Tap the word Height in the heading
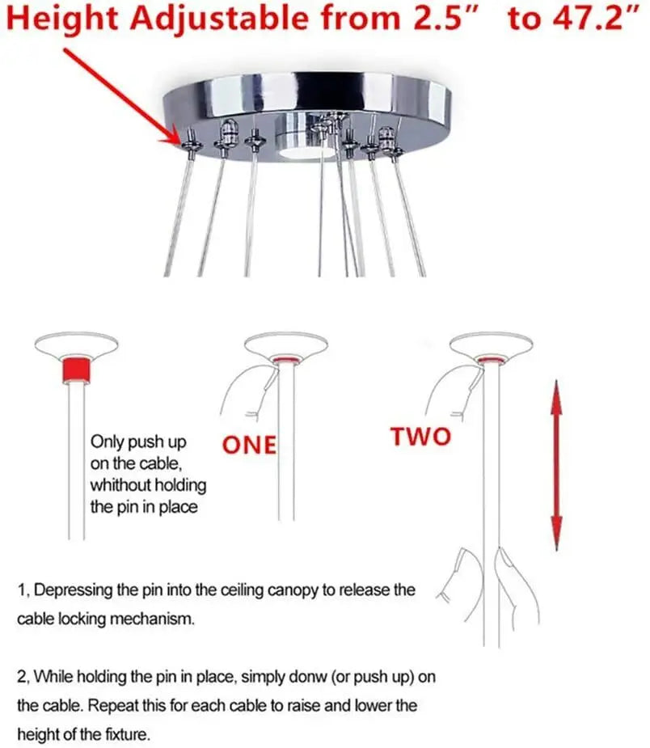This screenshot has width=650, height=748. click(x=63, y=20)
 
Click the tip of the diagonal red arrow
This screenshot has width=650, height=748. click(x=179, y=142)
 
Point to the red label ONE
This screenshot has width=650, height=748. click(x=249, y=445)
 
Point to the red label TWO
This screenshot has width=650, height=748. click(x=420, y=437)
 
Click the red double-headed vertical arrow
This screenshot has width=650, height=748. click(x=556, y=465)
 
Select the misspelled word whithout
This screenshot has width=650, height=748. click(x=148, y=485)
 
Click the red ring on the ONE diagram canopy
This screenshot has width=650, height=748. click(x=285, y=360)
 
